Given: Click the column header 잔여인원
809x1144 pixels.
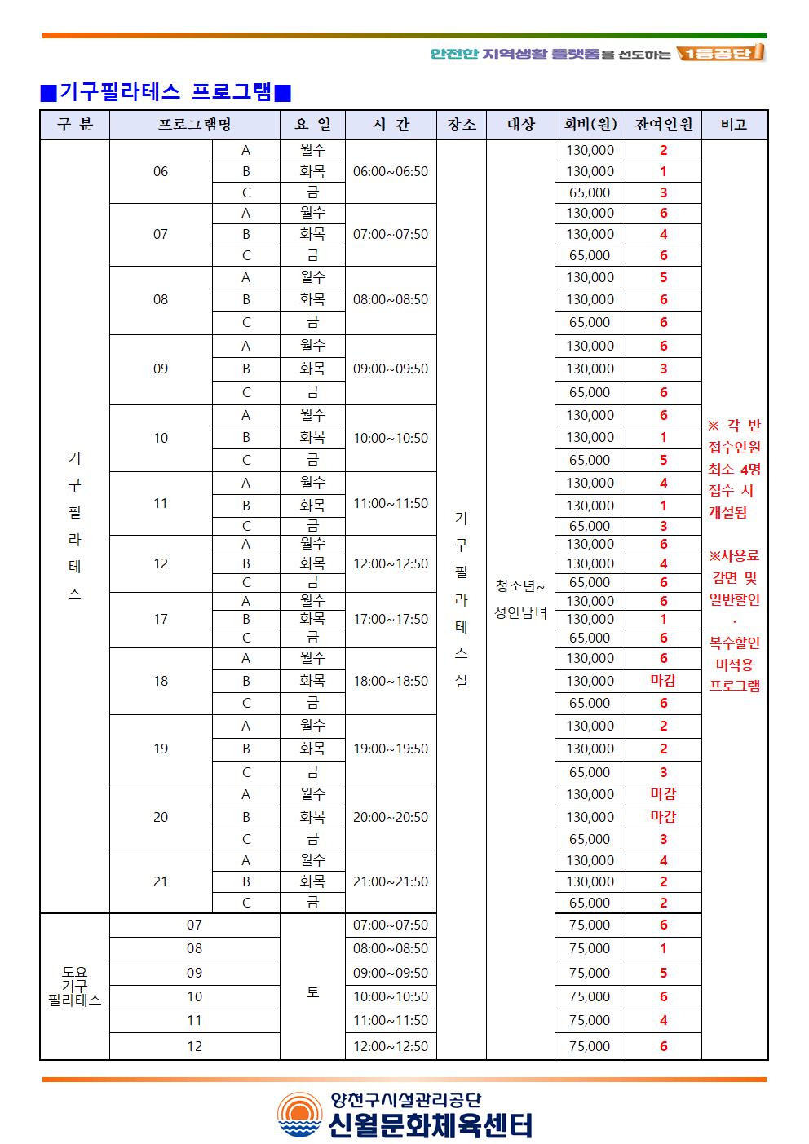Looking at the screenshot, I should coord(663,125).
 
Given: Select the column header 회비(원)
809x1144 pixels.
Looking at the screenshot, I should coord(590,125).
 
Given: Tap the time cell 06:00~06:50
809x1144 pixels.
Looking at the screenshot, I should coord(390,172).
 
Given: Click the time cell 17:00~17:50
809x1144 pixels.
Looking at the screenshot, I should coord(390,620).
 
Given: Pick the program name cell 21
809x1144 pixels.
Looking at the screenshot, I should coord(161,881).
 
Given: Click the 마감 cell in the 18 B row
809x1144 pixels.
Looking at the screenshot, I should coord(663,681).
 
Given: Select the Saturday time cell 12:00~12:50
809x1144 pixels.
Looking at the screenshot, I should coord(390,1046).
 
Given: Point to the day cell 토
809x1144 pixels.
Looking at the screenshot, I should coord(312,992).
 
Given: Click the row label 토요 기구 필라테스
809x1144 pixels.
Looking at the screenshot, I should coord(74,986).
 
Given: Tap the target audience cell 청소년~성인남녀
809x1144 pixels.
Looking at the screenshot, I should coord(520,599).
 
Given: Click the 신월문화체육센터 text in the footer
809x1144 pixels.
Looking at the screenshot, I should coord(430,1125).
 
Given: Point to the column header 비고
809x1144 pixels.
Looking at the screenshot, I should coord(734,125).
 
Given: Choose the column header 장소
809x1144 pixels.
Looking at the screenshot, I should coord(462,125).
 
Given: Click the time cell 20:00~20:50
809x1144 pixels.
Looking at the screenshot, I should coord(390,817).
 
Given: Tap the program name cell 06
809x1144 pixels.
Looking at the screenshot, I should coord(161,172).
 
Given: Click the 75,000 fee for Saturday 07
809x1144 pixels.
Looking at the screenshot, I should coord(590,925).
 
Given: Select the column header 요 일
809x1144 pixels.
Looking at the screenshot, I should coord(312,125).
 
